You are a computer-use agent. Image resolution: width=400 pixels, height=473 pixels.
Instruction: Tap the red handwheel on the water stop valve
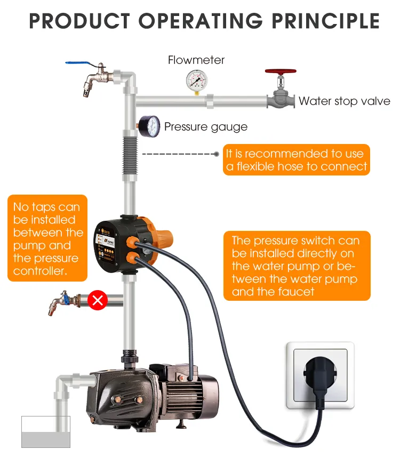click(x=281, y=71)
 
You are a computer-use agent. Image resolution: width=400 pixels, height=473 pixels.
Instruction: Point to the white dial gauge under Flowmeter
click(x=197, y=80)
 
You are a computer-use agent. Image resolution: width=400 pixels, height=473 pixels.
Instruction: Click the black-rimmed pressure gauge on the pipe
click(x=150, y=126)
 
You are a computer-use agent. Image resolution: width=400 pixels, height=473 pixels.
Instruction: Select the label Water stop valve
click(x=344, y=101)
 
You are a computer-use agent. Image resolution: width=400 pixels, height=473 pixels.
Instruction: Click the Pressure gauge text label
click(x=206, y=127)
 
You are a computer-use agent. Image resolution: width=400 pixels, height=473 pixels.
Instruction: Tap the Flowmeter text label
click(x=196, y=60)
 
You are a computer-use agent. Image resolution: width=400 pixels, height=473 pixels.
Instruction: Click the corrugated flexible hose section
click(x=130, y=156)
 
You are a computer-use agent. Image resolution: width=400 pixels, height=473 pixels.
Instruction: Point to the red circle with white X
click(x=98, y=300)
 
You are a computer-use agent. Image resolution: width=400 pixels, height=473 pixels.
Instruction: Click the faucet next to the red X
click(x=64, y=302)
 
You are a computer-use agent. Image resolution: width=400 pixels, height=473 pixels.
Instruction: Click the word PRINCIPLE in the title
click(x=325, y=21)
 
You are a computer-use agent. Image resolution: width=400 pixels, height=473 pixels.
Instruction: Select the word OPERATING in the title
click(x=201, y=21)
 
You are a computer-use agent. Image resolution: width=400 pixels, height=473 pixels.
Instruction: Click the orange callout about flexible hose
click(x=296, y=159)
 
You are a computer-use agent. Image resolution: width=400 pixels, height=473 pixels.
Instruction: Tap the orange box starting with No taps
click(x=47, y=238)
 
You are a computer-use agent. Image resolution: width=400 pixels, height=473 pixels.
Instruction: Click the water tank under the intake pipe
click(x=46, y=432)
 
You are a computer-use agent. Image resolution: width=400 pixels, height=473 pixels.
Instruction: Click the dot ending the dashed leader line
click(x=217, y=154)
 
